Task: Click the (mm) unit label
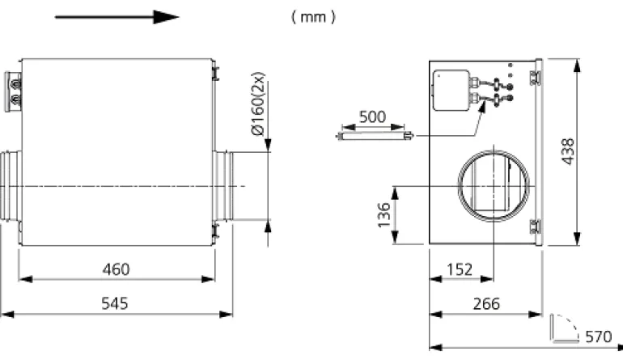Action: [313, 17]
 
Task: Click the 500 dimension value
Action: [371, 116]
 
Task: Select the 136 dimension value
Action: [385, 215]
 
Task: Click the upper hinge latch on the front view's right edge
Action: [534, 75]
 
